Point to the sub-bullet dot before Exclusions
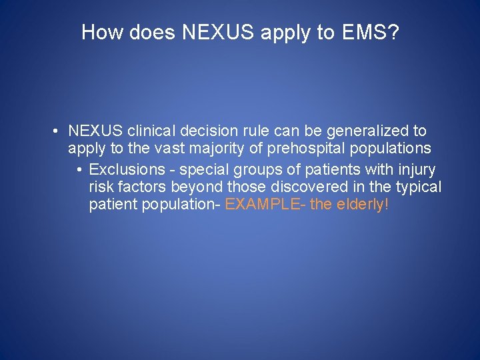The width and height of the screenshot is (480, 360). pyautogui.click(x=79, y=169)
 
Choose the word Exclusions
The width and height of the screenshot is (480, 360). pyautogui.click(x=126, y=169)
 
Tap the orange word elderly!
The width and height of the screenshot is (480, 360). pyautogui.click(x=365, y=205)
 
